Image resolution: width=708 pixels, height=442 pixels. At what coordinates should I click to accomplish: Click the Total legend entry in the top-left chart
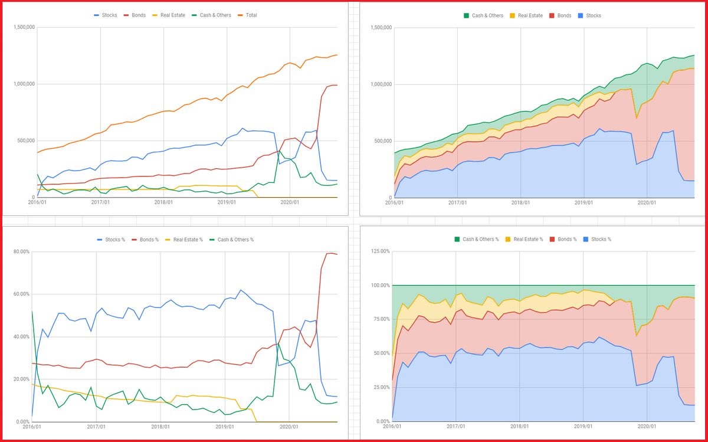[x=251, y=15]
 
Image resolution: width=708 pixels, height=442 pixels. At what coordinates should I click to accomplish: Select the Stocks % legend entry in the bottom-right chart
[x=601, y=239]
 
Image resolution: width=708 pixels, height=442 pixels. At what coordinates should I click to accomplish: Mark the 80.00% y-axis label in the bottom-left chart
[x=21, y=252]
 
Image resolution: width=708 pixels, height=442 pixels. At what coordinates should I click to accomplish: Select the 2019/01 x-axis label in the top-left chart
[x=227, y=202]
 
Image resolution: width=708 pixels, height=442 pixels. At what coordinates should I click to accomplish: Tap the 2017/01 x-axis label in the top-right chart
[x=457, y=202]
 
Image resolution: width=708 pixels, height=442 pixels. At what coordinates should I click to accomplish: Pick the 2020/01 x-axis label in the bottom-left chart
[x=289, y=427]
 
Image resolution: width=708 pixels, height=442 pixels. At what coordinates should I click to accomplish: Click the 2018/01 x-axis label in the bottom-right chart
[x=520, y=427]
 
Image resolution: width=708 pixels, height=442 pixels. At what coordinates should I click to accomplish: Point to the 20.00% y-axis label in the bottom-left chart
[x=21, y=379]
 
